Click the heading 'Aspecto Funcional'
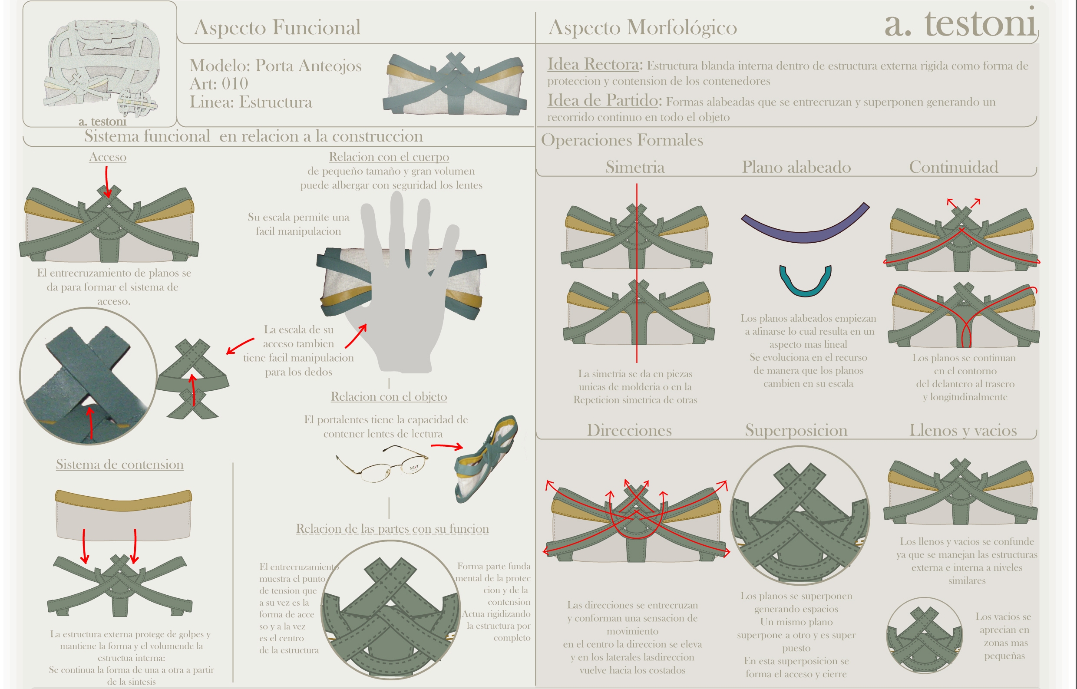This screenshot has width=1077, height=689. click(277, 28)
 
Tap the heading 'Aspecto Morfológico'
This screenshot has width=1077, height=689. click(642, 28)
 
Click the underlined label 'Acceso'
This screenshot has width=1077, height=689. click(107, 157)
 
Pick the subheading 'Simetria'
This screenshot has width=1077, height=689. click(635, 167)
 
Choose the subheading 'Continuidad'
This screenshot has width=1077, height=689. click(954, 167)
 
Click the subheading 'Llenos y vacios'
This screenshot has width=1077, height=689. click(963, 430)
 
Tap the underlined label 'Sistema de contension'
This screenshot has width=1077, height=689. click(119, 465)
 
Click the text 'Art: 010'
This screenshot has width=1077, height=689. click(219, 84)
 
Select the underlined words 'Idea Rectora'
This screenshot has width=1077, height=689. click(593, 64)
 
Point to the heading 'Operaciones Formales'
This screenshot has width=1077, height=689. click(622, 141)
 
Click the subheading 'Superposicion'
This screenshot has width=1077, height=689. click(796, 430)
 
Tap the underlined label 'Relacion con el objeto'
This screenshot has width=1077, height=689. click(389, 397)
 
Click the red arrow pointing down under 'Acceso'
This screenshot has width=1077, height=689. click(107, 181)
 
